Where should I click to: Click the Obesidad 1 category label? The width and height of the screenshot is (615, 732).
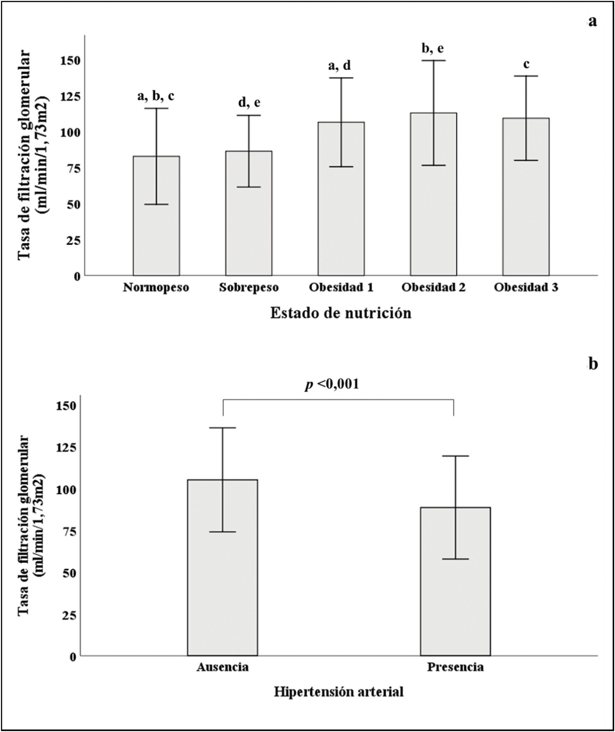click(x=341, y=288)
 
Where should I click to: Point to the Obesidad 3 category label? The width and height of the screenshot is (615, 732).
click(x=526, y=288)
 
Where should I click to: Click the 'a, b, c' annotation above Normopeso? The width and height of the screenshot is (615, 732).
click(x=156, y=96)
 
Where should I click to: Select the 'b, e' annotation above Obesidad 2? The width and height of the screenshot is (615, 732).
click(x=433, y=49)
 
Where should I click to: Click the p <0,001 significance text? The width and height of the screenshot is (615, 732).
click(x=332, y=384)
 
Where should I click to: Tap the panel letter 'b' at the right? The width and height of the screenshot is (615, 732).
click(x=593, y=364)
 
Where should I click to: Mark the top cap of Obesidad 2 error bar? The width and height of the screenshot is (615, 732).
click(x=434, y=61)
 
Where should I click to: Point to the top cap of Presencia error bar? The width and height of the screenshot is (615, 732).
click(x=455, y=456)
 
